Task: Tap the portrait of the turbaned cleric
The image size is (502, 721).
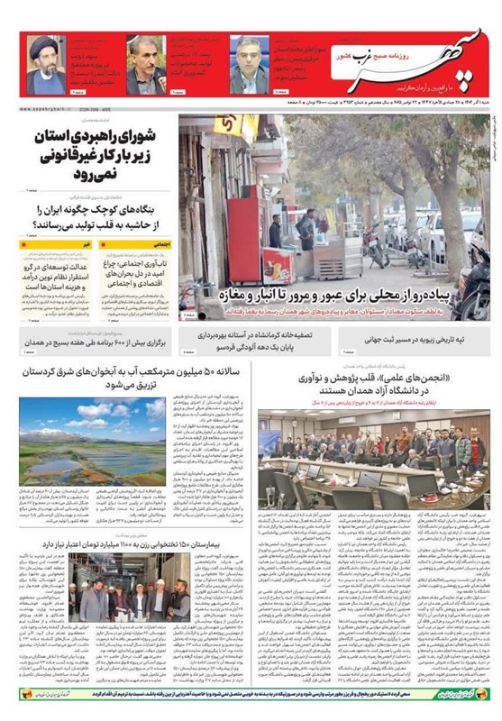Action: [46, 64]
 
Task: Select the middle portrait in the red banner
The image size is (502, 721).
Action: [145, 66]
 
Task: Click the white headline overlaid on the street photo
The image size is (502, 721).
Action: [342, 294]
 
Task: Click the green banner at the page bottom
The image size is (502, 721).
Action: [251, 697]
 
